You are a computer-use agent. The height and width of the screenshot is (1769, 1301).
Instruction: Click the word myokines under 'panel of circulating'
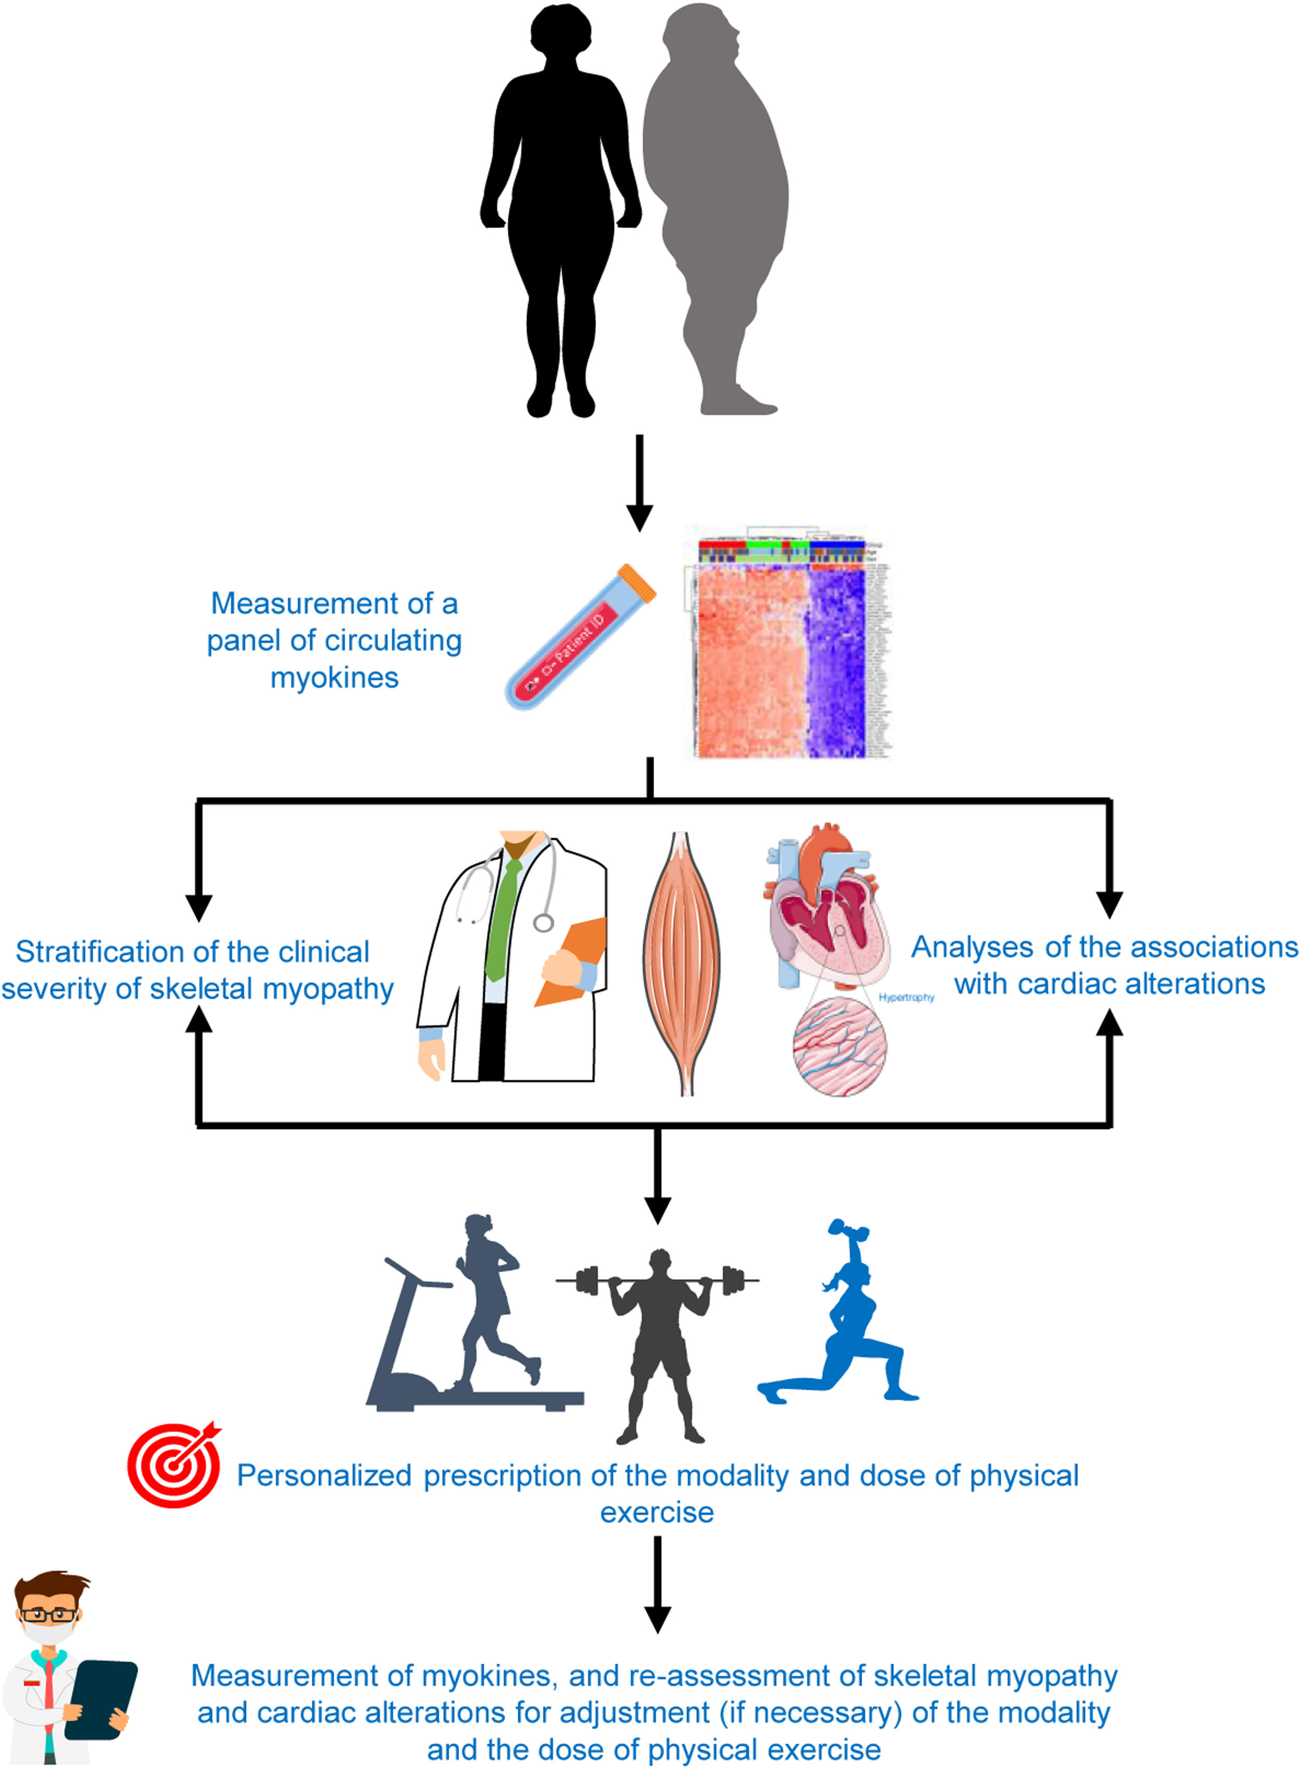click(334, 678)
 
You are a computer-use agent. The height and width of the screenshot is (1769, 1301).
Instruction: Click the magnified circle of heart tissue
click(839, 1046)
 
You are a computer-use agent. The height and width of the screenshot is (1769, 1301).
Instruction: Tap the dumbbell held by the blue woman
click(848, 1233)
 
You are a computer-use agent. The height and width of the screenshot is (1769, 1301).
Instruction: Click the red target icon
click(174, 1465)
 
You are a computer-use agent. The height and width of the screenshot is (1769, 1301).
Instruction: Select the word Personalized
click(324, 1476)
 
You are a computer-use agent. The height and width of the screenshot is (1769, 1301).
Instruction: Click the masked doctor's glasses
click(49, 1614)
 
